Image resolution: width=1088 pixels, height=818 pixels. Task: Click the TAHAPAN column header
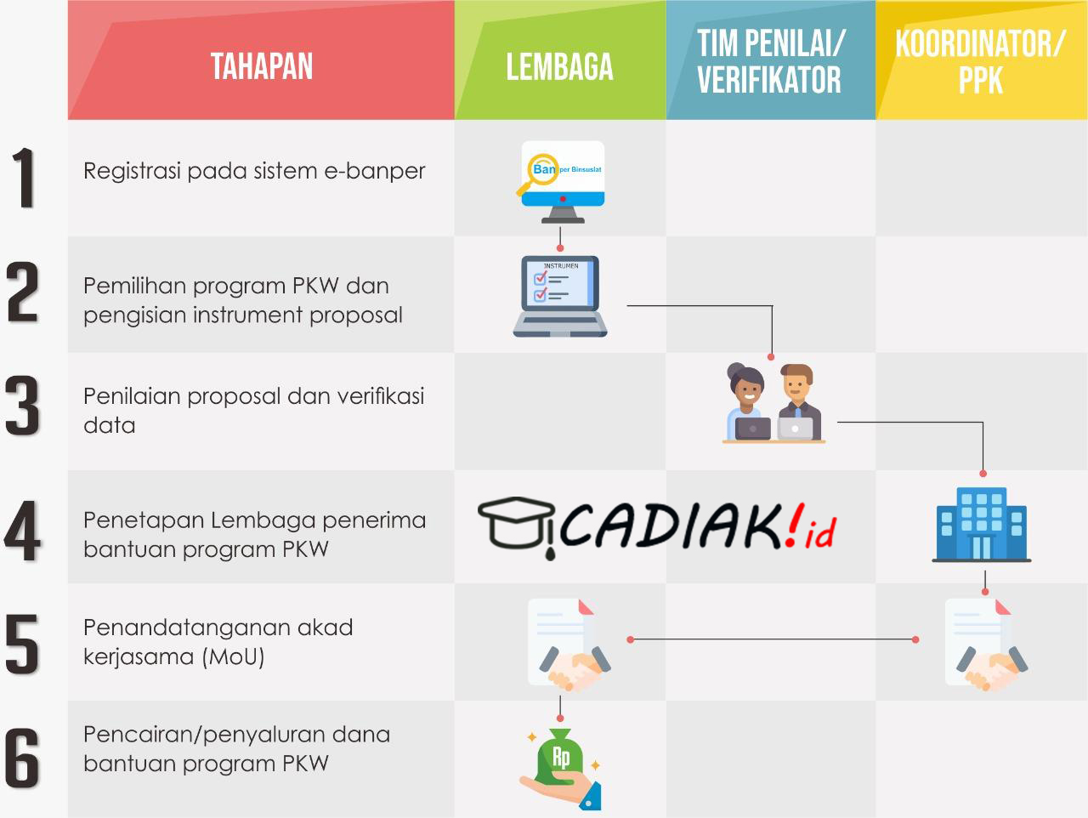tap(262, 66)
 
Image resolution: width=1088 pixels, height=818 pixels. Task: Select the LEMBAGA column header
tap(559, 67)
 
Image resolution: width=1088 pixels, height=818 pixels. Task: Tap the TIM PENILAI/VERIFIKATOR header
tap(770, 61)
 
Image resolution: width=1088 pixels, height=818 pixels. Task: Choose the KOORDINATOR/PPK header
tap(980, 61)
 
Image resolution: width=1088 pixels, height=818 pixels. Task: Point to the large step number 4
tap(23, 531)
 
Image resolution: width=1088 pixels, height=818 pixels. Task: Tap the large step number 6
tap(23, 758)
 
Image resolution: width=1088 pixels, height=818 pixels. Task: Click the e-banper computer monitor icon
tap(563, 180)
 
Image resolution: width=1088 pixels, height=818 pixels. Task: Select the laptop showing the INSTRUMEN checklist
tap(560, 295)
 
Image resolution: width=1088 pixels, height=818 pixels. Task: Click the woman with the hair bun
tap(747, 400)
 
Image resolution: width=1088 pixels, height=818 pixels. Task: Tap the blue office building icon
tap(982, 524)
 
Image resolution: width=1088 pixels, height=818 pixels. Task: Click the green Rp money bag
tap(561, 759)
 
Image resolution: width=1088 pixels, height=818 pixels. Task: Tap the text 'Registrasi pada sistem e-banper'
tap(254, 171)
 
